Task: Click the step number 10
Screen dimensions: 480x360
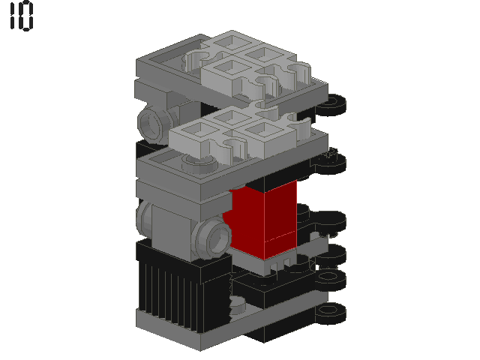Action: click(x=22, y=16)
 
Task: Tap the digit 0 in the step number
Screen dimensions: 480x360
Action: click(x=26, y=16)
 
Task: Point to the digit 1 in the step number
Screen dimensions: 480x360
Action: click(x=13, y=16)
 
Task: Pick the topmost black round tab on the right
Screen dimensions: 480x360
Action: click(x=331, y=105)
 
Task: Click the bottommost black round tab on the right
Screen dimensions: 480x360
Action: click(x=331, y=313)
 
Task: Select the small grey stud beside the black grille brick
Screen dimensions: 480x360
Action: click(x=236, y=305)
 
